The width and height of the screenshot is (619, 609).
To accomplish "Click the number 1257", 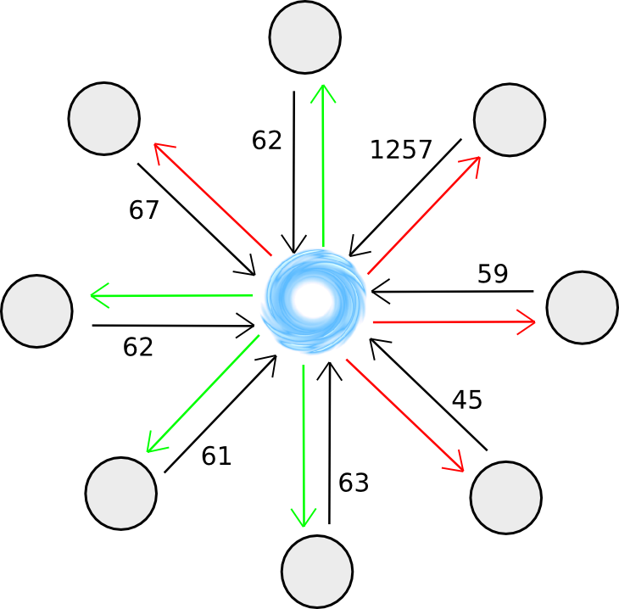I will tap(400, 150).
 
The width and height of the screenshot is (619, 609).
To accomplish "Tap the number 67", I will tap(144, 210).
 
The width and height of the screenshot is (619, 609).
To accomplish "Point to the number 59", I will tap(493, 273).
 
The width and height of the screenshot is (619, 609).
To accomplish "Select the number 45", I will tap(466, 399).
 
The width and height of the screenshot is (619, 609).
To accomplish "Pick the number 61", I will tap(216, 456).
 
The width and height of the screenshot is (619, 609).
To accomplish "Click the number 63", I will tap(354, 483).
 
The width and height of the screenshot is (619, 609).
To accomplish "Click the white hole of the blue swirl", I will tap(313, 298).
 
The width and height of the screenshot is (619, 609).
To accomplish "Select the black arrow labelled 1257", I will tap(405, 197).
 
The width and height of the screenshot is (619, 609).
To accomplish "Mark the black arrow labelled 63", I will tap(328, 441).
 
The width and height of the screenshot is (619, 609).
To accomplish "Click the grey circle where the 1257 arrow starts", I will tap(509, 120).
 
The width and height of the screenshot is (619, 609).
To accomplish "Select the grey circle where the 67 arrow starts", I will tap(104, 119).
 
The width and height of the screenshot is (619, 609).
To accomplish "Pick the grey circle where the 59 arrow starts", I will tap(583, 308).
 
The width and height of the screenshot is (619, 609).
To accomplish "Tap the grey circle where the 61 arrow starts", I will tap(121, 493).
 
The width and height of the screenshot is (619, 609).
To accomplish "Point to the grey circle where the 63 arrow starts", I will tap(316, 571).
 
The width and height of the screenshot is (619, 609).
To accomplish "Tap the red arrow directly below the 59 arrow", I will tap(454, 322).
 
